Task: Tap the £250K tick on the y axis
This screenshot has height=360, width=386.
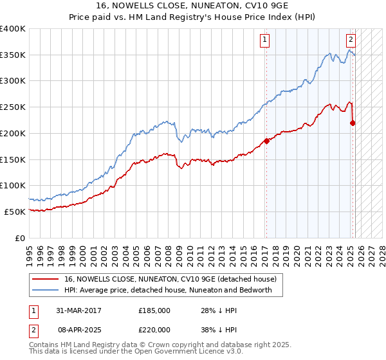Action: [x=13, y=107]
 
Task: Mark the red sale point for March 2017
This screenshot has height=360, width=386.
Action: [x=266, y=141]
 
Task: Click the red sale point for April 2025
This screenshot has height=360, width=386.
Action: [x=353, y=123]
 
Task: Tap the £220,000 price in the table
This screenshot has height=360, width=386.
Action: [x=154, y=328]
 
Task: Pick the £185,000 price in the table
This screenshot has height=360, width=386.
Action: [x=154, y=310]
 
